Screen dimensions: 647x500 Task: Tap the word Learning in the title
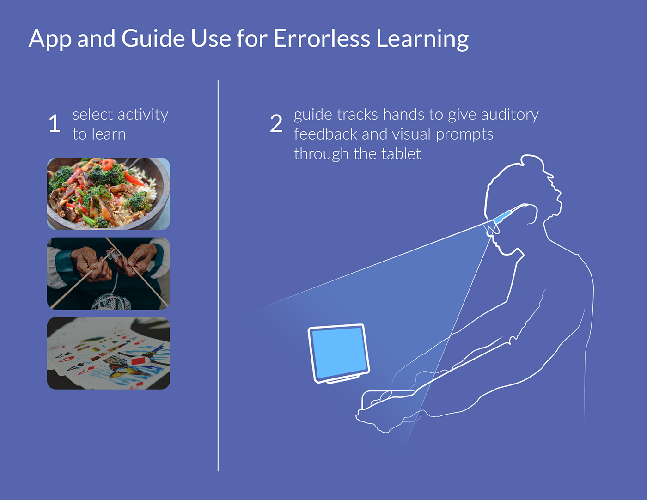point(422,40)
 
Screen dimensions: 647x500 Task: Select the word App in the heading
point(50,40)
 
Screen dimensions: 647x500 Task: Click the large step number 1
point(55,123)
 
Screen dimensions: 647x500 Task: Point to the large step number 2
point(276,123)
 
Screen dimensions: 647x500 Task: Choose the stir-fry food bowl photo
point(109,194)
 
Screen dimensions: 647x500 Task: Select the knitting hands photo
point(109,274)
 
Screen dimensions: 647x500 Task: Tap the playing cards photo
point(109,353)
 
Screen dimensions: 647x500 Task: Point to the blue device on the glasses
point(503,217)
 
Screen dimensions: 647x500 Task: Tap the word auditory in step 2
point(510,115)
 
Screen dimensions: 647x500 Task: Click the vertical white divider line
point(218,275)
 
